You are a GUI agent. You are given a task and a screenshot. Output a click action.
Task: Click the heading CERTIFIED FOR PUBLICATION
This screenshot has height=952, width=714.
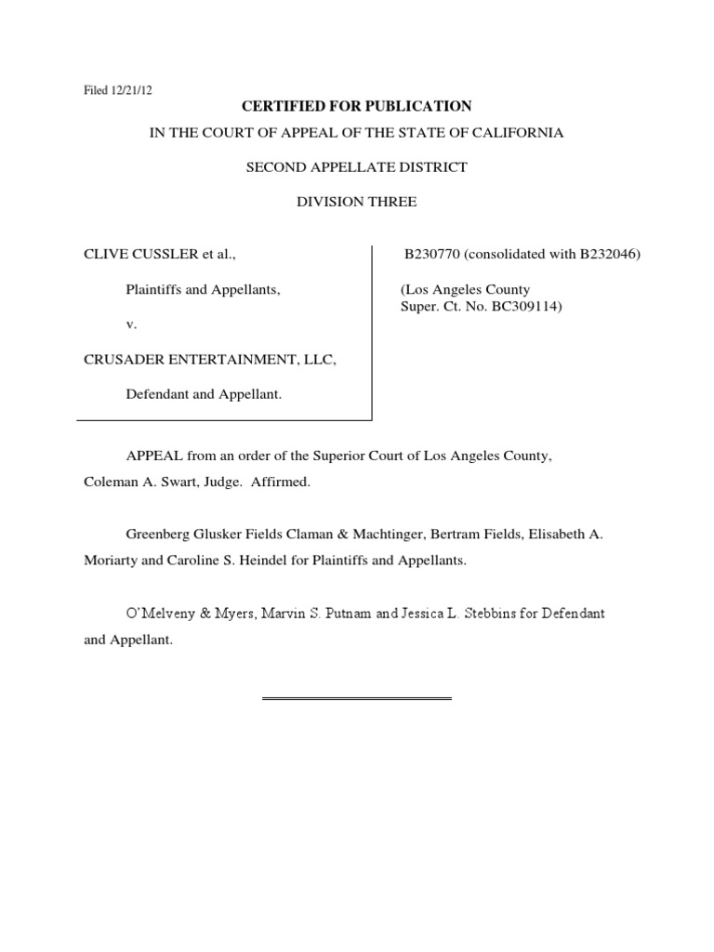357,107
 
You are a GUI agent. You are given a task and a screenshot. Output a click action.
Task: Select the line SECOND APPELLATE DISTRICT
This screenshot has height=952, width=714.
357,167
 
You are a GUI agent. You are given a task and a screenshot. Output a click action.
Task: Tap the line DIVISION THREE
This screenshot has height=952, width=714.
357,202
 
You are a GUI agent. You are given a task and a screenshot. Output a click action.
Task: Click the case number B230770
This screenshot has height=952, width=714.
433,253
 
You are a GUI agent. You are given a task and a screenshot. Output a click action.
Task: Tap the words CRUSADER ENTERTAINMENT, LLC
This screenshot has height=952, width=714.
209,359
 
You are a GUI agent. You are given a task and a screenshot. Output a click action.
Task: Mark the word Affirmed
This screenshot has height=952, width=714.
284,483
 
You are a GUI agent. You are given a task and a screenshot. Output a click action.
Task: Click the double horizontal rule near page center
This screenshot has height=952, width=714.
356,698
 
